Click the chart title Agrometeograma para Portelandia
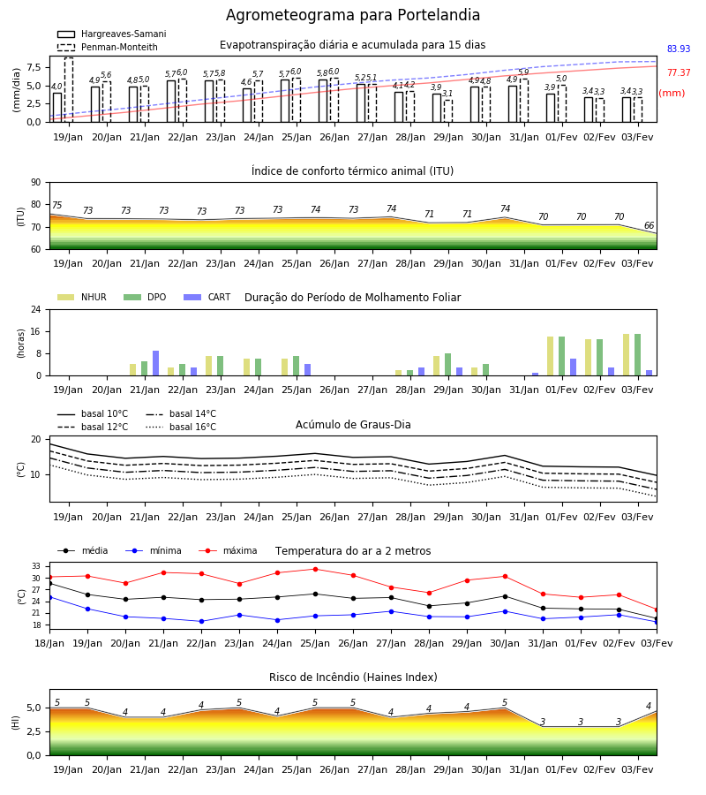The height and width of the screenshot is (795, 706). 352,15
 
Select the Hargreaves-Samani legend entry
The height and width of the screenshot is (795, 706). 112,34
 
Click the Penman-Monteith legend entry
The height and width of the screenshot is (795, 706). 108,47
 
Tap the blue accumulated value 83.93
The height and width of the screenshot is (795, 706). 679,49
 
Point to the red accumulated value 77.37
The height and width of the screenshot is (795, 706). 679,72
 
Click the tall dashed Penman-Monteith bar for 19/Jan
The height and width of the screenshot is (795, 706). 69,90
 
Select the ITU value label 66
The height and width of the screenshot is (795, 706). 649,225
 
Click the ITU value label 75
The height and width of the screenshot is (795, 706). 56,205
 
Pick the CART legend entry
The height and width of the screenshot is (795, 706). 207,297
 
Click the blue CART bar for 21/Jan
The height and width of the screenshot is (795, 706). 156,363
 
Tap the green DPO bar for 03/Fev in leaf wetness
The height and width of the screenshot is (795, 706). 638,355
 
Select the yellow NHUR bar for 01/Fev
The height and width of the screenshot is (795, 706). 550,356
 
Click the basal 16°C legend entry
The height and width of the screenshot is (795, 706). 181,427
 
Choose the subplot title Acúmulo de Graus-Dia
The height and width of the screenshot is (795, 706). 353,425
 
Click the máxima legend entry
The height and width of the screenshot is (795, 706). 228,550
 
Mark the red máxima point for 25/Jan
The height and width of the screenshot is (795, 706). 316,570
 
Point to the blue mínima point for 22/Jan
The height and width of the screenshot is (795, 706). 201,622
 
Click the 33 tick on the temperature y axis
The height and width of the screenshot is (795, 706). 36,566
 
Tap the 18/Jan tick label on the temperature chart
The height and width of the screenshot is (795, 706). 49,643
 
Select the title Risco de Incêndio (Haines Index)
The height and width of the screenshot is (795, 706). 353,678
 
